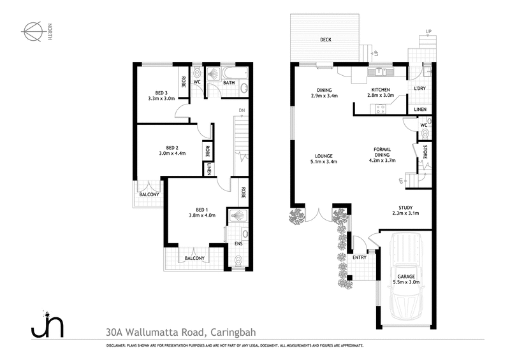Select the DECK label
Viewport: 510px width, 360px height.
(326, 40)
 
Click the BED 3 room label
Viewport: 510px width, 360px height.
(161, 92)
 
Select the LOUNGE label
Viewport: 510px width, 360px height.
(323, 155)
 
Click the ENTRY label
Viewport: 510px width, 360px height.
(360, 257)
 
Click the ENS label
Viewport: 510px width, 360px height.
(238, 243)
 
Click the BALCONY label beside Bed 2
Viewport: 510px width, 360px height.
(149, 194)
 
